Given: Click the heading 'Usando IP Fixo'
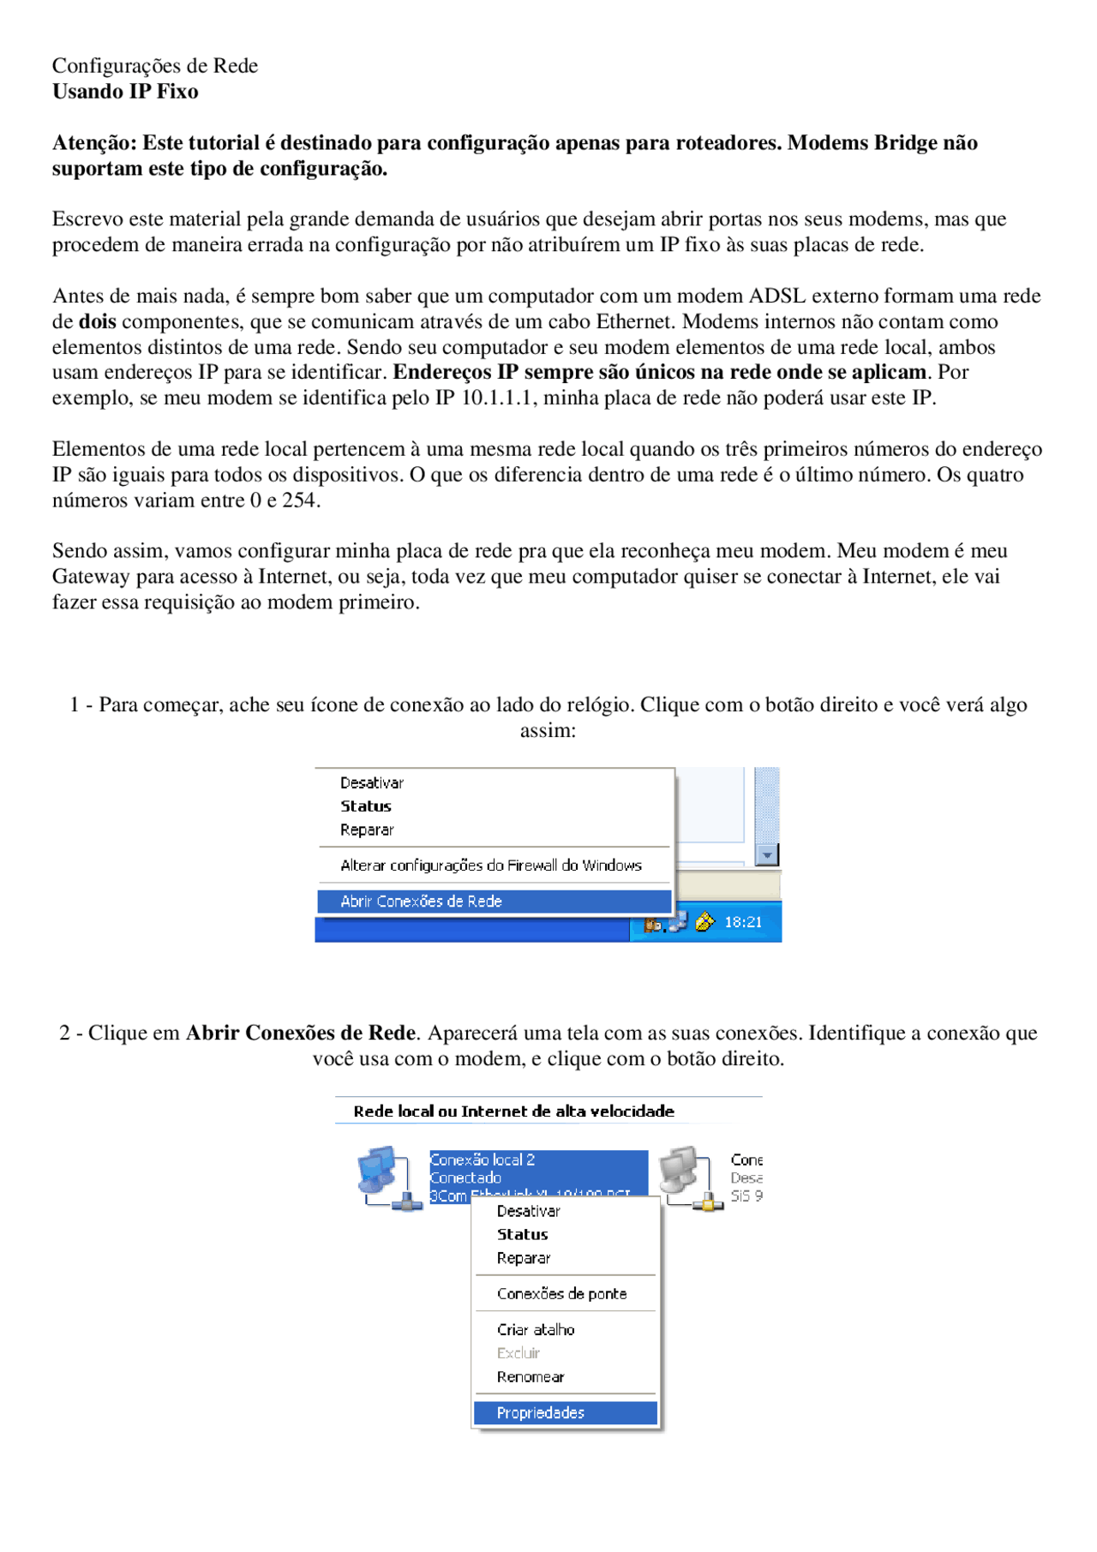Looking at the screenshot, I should pyautogui.click(x=125, y=92).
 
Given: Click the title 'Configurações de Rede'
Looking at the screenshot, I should pyautogui.click(x=154, y=66).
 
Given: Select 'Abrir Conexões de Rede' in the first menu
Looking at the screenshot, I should pyautogui.click(x=421, y=901).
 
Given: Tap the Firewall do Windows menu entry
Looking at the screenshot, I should pyautogui.click(x=490, y=866).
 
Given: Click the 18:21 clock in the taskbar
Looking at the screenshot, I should pyautogui.click(x=742, y=922).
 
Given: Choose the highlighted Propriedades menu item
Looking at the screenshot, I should pyautogui.click(x=540, y=1412).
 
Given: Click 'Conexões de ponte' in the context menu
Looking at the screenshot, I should pyautogui.click(x=561, y=1293).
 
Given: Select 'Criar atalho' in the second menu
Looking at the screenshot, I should pyautogui.click(x=536, y=1329).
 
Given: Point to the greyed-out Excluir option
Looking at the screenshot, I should pyautogui.click(x=519, y=1353).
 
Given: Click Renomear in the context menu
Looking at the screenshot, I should pyautogui.click(x=531, y=1377).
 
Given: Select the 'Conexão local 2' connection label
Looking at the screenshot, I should pyautogui.click(x=483, y=1160).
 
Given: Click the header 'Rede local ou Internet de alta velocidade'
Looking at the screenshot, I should pyautogui.click(x=513, y=1112).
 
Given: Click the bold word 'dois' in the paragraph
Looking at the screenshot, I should pyautogui.click(x=97, y=321).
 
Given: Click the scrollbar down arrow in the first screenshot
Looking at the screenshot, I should pyautogui.click(x=767, y=855).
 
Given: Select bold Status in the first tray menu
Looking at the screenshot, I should pyautogui.click(x=365, y=806).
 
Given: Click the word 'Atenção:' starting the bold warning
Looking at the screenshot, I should pyautogui.click(x=94, y=143).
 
